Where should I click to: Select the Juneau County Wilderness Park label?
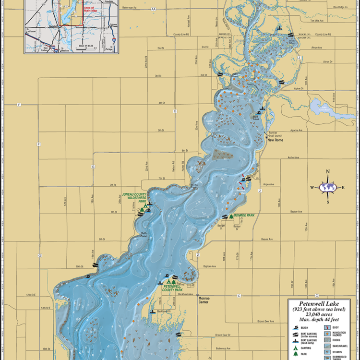click(x=135, y=198)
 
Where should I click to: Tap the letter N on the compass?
click(x=328, y=172)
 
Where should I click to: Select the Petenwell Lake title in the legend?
click(x=319, y=304)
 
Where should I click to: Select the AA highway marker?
click(x=154, y=9)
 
